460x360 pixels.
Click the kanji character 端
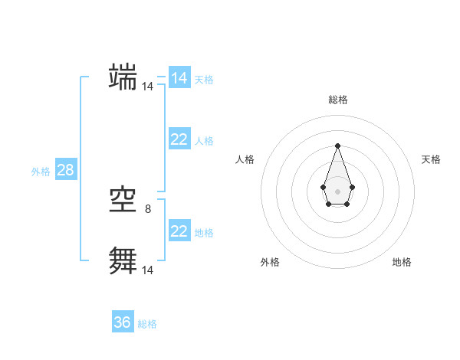point(123,77)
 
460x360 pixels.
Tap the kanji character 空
point(123,201)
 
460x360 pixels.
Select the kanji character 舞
point(123,260)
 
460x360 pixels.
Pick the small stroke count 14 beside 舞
point(147,270)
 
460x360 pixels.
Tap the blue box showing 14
point(179,78)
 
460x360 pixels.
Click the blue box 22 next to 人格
point(179,139)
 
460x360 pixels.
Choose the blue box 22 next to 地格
point(179,231)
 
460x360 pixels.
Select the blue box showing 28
point(66,170)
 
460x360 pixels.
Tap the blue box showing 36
point(123,322)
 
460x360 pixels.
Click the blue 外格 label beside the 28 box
point(41,172)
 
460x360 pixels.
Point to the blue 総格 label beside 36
point(147,324)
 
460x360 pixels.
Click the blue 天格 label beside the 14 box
point(204,80)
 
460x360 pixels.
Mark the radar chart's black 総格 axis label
point(337,100)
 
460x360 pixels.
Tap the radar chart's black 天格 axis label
point(432,159)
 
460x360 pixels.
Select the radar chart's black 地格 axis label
point(402,262)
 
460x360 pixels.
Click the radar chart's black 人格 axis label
point(245,159)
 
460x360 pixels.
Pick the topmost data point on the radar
point(337,146)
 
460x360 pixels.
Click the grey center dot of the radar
point(337,190)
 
